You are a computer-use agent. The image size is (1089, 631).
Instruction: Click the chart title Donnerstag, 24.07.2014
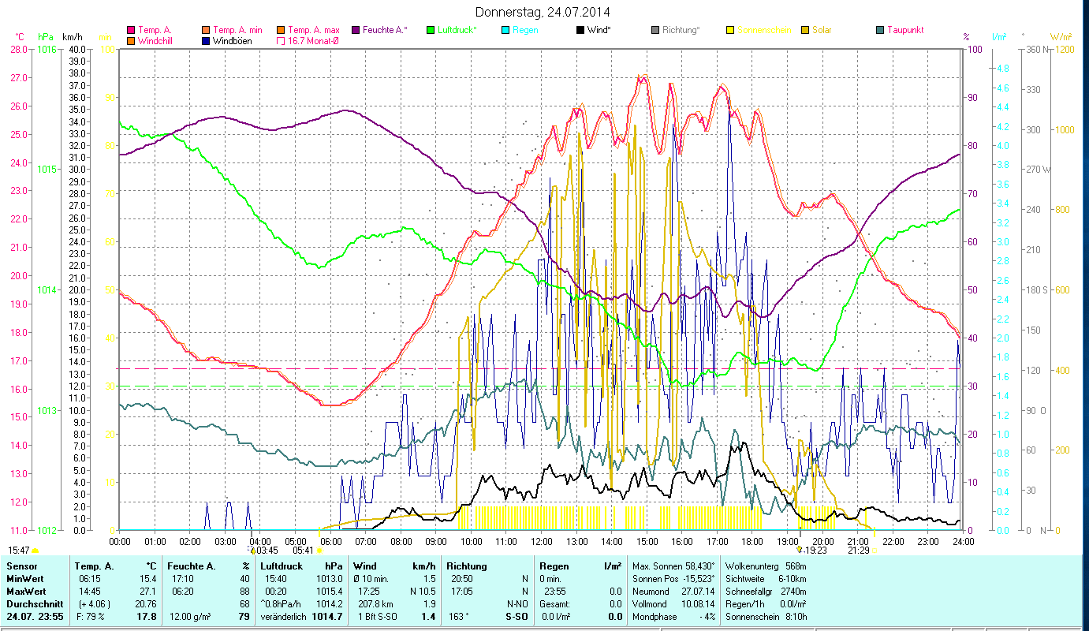[543, 12]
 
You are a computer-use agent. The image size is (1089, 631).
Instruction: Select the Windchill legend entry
[158, 41]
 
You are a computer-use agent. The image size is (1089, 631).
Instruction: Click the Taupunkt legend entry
[904, 30]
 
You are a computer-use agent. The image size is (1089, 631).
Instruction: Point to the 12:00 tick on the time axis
[542, 542]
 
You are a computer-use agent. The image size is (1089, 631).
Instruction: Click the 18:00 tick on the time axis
[752, 542]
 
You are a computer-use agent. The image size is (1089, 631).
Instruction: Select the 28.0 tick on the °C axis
[19, 49]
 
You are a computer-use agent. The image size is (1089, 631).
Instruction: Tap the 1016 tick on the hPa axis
[47, 49]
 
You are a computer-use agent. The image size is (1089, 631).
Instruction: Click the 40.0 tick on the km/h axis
[77, 49]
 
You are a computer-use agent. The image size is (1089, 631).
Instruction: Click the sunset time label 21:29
[859, 551]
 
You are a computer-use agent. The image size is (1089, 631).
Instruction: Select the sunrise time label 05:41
[304, 551]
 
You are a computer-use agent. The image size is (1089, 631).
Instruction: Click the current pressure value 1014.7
[327, 616]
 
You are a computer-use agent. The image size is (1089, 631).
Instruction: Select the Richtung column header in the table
[467, 566]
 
